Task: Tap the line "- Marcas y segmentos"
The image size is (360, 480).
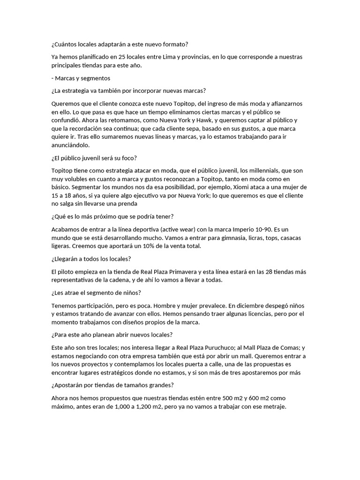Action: (81, 78)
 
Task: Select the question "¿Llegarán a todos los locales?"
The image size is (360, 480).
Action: (91, 259)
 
